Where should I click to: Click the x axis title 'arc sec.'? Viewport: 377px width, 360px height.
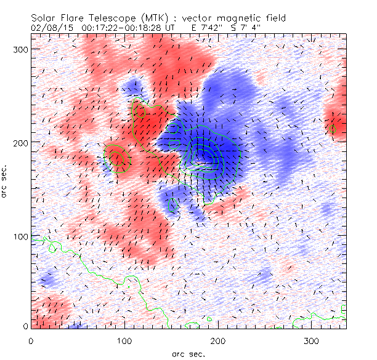(188, 353)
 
